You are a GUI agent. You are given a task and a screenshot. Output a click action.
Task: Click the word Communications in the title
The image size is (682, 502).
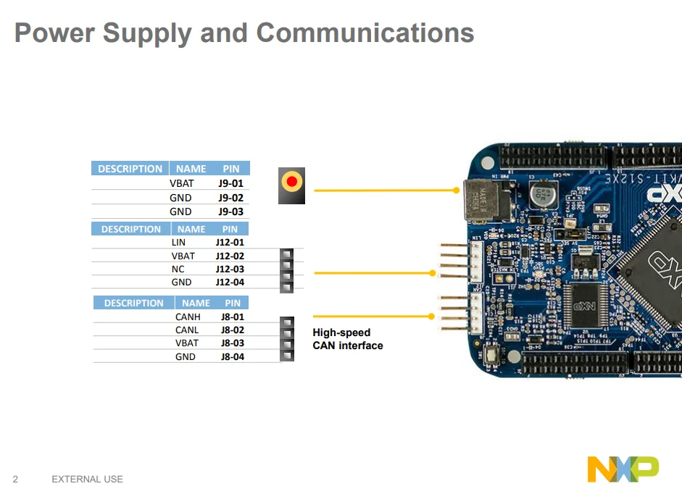point(365,33)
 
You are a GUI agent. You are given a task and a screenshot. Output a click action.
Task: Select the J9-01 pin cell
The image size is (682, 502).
point(230,183)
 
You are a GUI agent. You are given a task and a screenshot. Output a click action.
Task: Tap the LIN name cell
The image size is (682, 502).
point(178,243)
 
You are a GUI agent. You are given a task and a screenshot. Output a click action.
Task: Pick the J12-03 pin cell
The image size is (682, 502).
point(230,269)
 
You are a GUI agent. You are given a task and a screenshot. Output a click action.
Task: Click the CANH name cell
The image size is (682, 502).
point(188,317)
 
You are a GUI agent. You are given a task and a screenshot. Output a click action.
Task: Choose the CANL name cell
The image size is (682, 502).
point(187,330)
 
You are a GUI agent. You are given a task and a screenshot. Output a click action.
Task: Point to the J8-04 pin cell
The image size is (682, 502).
point(233,356)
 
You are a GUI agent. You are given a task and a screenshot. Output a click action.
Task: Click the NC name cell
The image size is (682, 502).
point(178,269)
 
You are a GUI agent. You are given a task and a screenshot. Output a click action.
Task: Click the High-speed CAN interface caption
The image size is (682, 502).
point(348,339)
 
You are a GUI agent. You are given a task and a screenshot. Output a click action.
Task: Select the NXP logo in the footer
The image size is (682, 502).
point(623,469)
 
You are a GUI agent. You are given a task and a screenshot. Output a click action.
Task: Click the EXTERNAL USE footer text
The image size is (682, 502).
point(87,479)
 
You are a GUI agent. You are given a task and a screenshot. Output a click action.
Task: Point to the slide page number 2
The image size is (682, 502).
point(15,479)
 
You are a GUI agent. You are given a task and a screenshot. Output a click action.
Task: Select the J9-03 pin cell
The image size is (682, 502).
point(230,212)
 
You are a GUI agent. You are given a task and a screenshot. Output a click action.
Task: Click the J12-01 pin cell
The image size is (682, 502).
point(230,243)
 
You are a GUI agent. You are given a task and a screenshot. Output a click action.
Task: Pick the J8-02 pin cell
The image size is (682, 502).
point(233,330)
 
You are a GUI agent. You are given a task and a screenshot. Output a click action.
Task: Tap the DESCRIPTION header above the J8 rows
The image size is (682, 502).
point(134,303)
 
